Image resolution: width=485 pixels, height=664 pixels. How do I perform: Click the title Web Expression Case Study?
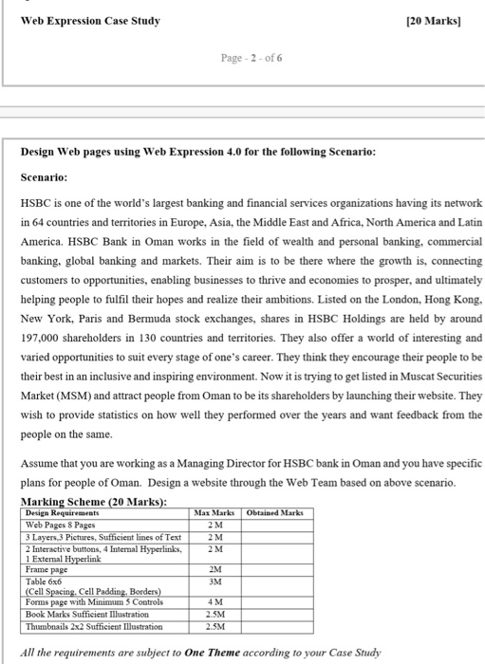[x=90, y=21]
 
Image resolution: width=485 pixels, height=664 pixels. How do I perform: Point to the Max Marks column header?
[x=215, y=512]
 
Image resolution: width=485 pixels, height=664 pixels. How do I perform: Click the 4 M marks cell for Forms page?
[x=215, y=601]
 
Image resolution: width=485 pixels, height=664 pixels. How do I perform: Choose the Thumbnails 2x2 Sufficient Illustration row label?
[x=92, y=626]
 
